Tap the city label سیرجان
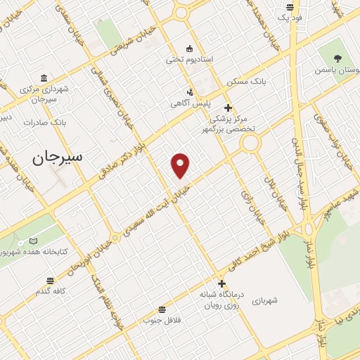[57, 157]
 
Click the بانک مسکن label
[243, 82]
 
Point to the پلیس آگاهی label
[191, 103]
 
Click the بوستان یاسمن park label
[337, 70]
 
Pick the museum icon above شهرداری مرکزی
[44, 77]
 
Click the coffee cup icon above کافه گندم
[51, 279]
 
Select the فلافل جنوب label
[162, 321]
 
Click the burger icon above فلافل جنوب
[162, 309]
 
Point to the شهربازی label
[265, 300]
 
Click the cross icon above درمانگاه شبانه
[222, 283]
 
